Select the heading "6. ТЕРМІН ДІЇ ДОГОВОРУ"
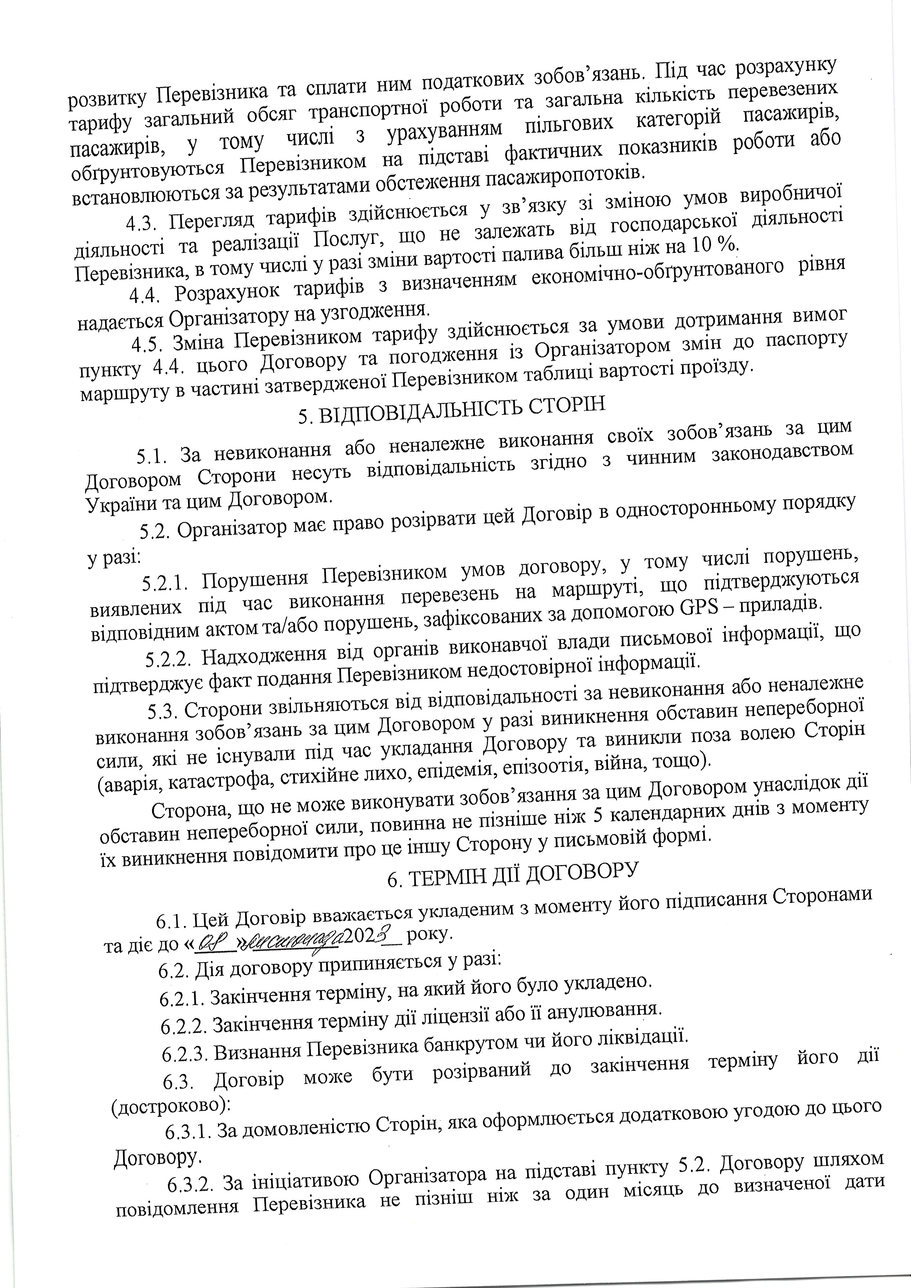point(514,875)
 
